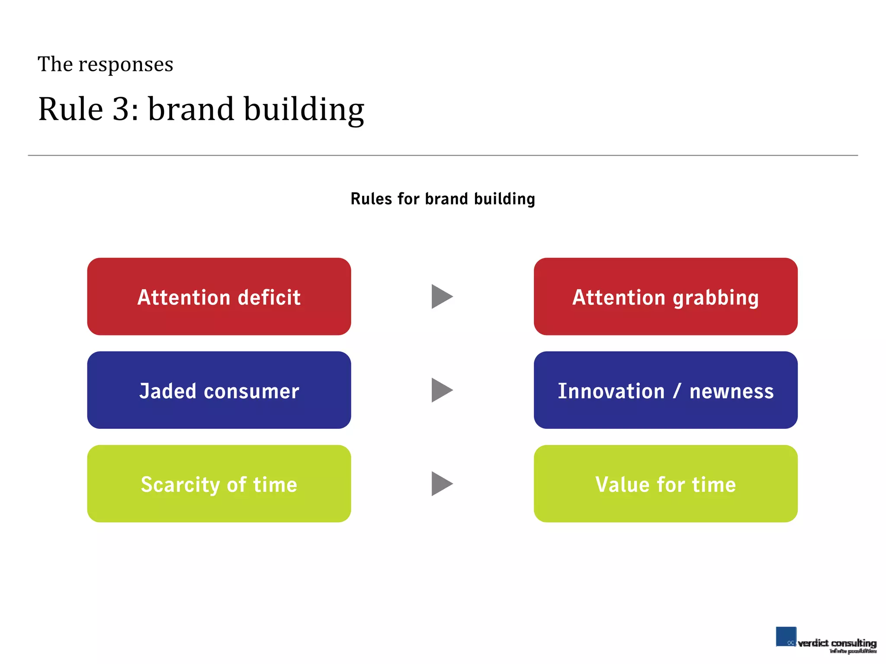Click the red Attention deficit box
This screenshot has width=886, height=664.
pos(219,297)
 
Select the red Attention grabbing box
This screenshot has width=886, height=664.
pos(665,297)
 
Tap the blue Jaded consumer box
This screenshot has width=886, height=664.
pos(219,390)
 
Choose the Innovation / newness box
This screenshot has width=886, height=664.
pos(665,390)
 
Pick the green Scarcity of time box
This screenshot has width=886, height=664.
pos(219,484)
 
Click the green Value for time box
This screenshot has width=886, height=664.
pos(665,484)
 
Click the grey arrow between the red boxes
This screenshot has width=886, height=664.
pos(441,297)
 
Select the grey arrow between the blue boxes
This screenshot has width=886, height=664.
pos(441,390)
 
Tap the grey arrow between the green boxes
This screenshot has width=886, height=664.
pos(441,484)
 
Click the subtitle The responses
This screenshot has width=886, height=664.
pos(105,64)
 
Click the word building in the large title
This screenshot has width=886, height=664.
pos(304,109)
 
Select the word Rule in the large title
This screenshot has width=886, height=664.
pos(71,109)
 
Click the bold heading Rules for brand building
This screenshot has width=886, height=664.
pos(443,199)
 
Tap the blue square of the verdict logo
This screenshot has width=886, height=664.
pos(785,636)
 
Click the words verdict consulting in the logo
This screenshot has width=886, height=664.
pos(837,643)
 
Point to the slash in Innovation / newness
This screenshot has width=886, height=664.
pos(677,391)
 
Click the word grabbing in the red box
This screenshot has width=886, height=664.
pos(716,298)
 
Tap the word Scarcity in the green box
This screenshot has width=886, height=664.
pos(180,485)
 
